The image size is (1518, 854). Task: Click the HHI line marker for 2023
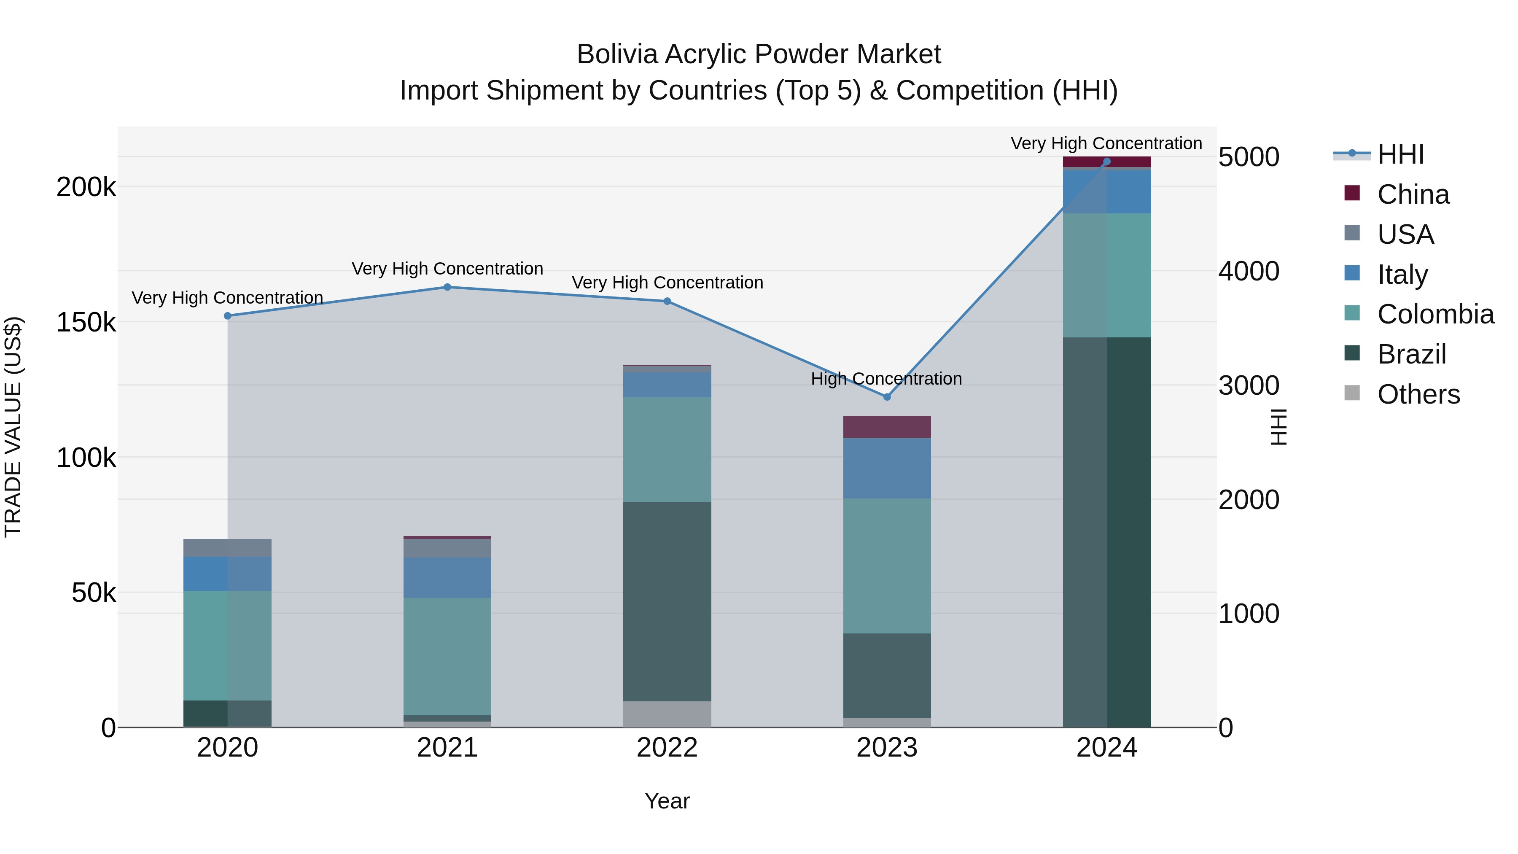pos(887,397)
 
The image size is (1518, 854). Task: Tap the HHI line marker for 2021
pos(447,287)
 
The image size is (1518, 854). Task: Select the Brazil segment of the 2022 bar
pos(667,601)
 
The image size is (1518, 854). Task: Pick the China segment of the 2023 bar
pos(887,427)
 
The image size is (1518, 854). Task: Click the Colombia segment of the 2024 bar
pos(1107,275)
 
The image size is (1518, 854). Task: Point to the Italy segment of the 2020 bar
pos(227,574)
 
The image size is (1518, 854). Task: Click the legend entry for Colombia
pos(1435,314)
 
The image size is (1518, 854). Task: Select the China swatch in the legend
pos(1352,193)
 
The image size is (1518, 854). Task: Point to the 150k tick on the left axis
pos(86,322)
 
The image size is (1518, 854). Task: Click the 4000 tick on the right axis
pos(1249,271)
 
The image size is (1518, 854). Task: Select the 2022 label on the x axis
pos(667,748)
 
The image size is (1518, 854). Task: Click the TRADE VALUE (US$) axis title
pos(13,427)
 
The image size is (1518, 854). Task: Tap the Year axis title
pos(667,801)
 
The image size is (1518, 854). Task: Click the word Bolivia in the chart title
pos(617,54)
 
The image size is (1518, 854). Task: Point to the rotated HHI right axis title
pos(1278,427)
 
